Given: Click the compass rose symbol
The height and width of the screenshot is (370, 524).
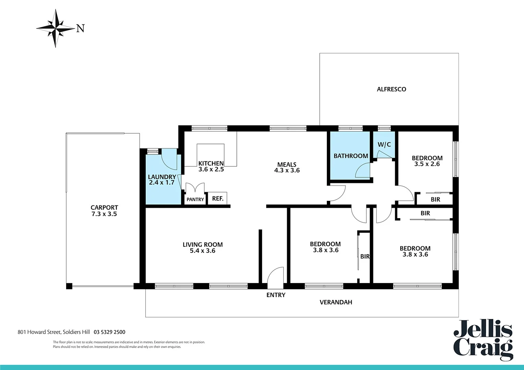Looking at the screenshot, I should tap(55, 28).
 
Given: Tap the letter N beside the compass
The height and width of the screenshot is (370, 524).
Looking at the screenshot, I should tap(80, 28).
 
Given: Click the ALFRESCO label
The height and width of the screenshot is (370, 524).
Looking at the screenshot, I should tap(391, 89).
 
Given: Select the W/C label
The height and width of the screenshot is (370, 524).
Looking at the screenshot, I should tap(384, 145).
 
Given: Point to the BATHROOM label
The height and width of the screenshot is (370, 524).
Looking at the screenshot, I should tap(350, 156).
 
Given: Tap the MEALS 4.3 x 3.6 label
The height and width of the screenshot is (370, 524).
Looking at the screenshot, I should tap(287, 168).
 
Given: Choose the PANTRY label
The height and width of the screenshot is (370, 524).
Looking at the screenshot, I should tap(195, 199).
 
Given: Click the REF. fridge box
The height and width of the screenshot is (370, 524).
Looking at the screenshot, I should tap(217, 198).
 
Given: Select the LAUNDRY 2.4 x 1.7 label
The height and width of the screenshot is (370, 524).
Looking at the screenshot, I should tap(162, 180).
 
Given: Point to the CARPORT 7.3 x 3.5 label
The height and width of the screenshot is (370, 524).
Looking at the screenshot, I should tap(104, 211).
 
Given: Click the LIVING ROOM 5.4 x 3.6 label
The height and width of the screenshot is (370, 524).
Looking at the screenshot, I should tap(202, 247).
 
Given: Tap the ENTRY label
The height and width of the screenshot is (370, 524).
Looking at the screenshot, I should tap(276, 295).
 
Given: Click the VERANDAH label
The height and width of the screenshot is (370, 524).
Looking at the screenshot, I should tap(336, 302).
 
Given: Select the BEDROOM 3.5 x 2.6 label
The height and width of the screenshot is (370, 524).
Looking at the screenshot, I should tap(427, 161).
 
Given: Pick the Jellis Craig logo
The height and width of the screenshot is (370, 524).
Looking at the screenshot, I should tap(483, 340).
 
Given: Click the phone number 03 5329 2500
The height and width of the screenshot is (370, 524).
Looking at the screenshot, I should tap(109, 332).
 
